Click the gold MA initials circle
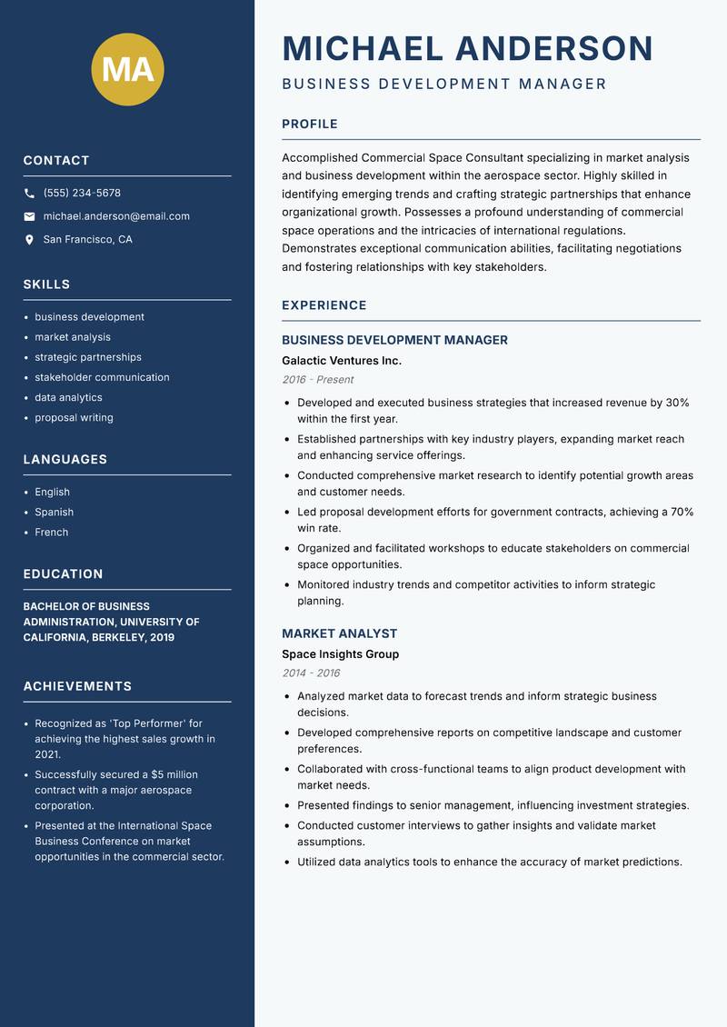(x=127, y=69)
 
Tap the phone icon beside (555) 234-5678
(x=29, y=194)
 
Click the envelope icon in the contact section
(x=29, y=216)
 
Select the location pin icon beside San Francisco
(x=29, y=240)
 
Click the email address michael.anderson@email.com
(x=116, y=216)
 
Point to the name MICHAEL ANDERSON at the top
(x=467, y=48)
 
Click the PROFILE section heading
(x=309, y=125)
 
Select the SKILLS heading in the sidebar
(x=46, y=284)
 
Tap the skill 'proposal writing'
(x=74, y=418)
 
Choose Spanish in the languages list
(x=54, y=513)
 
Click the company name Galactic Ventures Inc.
(x=341, y=361)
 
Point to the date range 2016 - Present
(x=317, y=380)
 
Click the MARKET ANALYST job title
(x=339, y=633)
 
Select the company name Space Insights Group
(x=340, y=654)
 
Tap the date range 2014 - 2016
(x=311, y=673)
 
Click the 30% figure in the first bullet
(x=677, y=403)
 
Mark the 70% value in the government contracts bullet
(x=682, y=512)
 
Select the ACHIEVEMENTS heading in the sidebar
(x=77, y=686)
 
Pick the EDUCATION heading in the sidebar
(x=63, y=574)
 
